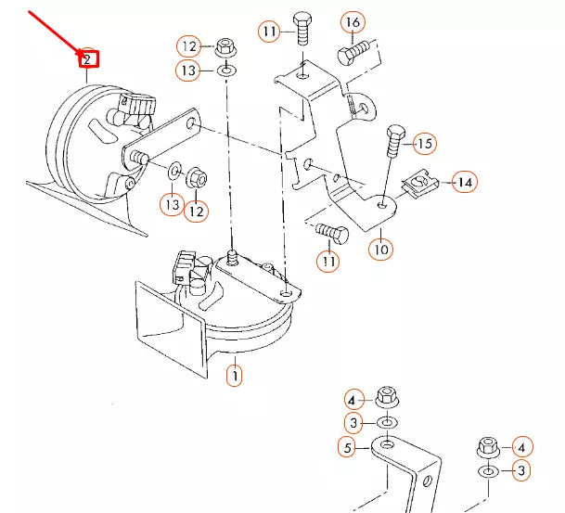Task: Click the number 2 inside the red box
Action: pyautogui.click(x=87, y=60)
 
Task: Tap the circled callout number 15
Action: pyautogui.click(x=424, y=143)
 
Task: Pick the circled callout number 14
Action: pyautogui.click(x=464, y=183)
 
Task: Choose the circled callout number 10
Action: pyautogui.click(x=380, y=249)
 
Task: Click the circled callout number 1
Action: pyautogui.click(x=236, y=376)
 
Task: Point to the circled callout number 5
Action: pyautogui.click(x=346, y=449)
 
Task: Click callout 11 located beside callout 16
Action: pyautogui.click(x=269, y=32)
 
